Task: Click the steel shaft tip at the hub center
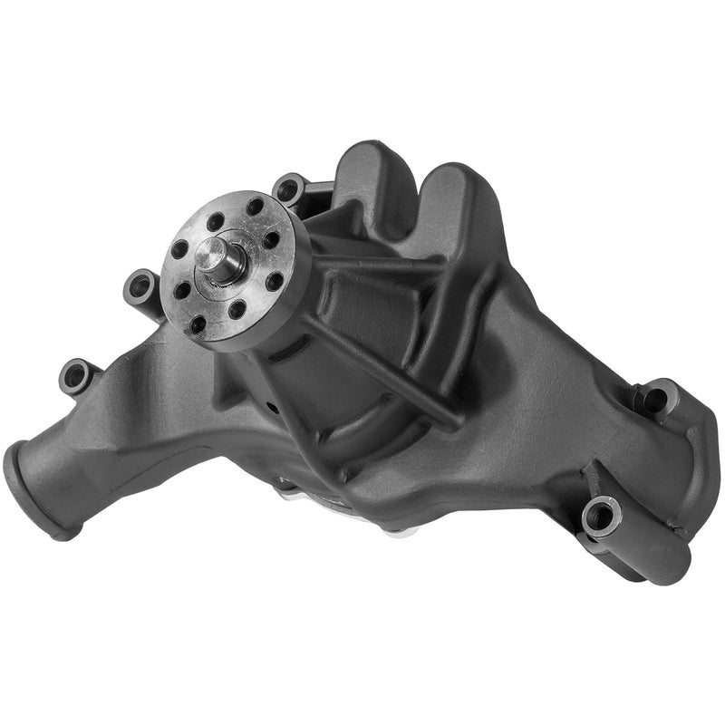226,259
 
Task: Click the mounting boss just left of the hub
141,285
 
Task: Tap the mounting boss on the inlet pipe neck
76,374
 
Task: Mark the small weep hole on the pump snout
272,406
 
